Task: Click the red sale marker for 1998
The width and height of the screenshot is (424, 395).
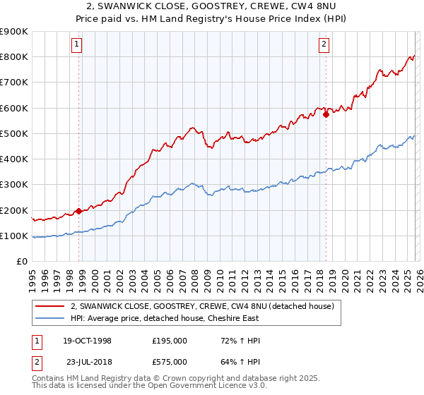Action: pos(78,210)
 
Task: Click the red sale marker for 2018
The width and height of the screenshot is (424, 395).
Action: pos(326,114)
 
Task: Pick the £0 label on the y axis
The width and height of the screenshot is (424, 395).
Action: pos(21,262)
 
